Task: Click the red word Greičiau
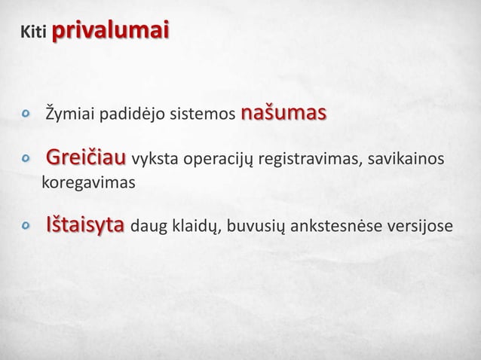click(86, 160)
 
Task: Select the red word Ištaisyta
click(86, 226)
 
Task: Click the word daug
click(149, 227)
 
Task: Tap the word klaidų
click(193, 227)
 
